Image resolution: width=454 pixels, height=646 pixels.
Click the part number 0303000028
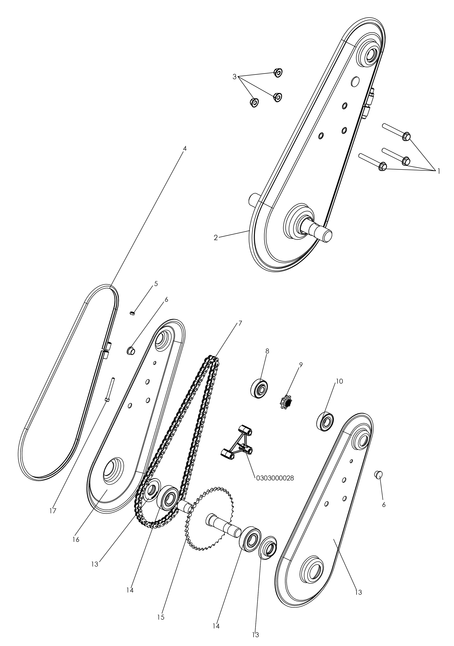[x=275, y=478]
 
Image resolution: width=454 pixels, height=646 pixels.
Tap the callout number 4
[x=185, y=148]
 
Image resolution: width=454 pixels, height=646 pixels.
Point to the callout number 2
[x=216, y=238]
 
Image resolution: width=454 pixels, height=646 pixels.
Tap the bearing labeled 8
[x=259, y=389]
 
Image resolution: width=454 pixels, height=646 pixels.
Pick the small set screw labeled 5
[x=132, y=313]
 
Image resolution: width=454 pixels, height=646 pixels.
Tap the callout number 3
[x=234, y=77]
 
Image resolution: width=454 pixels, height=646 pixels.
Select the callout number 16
[x=76, y=540]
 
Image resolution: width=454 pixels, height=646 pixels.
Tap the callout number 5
[x=156, y=284]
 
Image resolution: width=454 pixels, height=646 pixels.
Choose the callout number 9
[x=301, y=365]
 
